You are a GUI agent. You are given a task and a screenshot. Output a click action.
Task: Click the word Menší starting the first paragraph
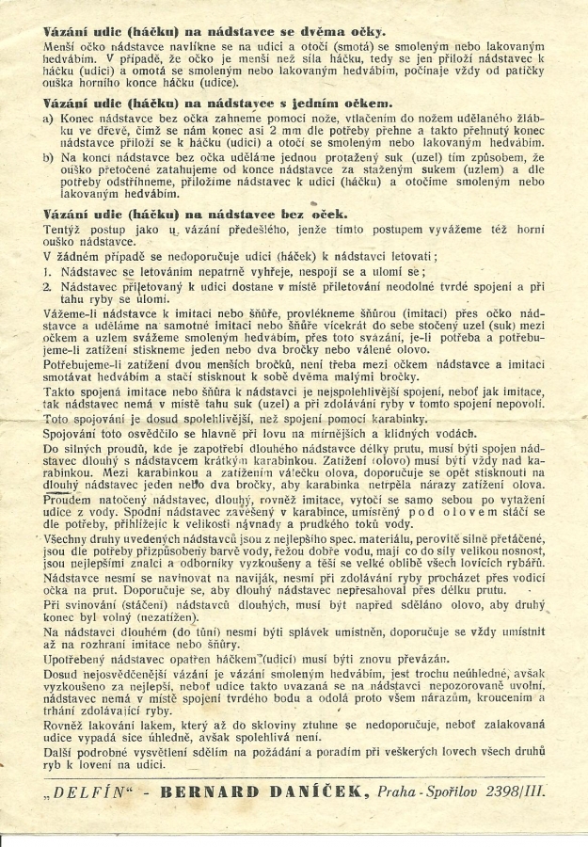(63, 45)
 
